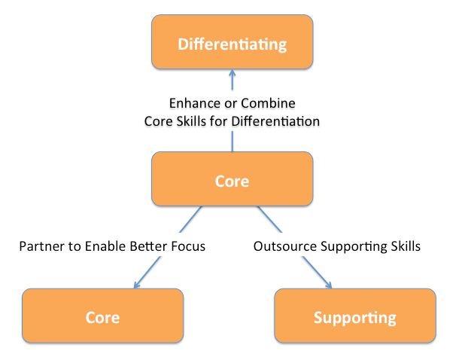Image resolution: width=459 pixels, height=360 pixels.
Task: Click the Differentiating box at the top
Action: (x=233, y=42)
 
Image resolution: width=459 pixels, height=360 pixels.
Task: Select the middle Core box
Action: (x=233, y=178)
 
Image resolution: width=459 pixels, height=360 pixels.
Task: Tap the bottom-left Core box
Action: (x=103, y=316)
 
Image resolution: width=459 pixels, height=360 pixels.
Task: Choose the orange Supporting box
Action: (x=355, y=316)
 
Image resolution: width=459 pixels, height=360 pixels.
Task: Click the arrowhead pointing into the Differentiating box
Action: (x=233, y=72)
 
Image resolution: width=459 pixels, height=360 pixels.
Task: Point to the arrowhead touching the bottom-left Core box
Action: (x=137, y=285)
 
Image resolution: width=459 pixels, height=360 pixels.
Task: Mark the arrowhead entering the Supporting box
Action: (x=328, y=285)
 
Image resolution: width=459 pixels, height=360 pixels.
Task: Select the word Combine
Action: (x=268, y=103)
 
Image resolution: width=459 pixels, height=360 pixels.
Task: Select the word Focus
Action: (x=188, y=246)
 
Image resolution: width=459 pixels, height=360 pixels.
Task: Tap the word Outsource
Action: (x=285, y=246)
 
